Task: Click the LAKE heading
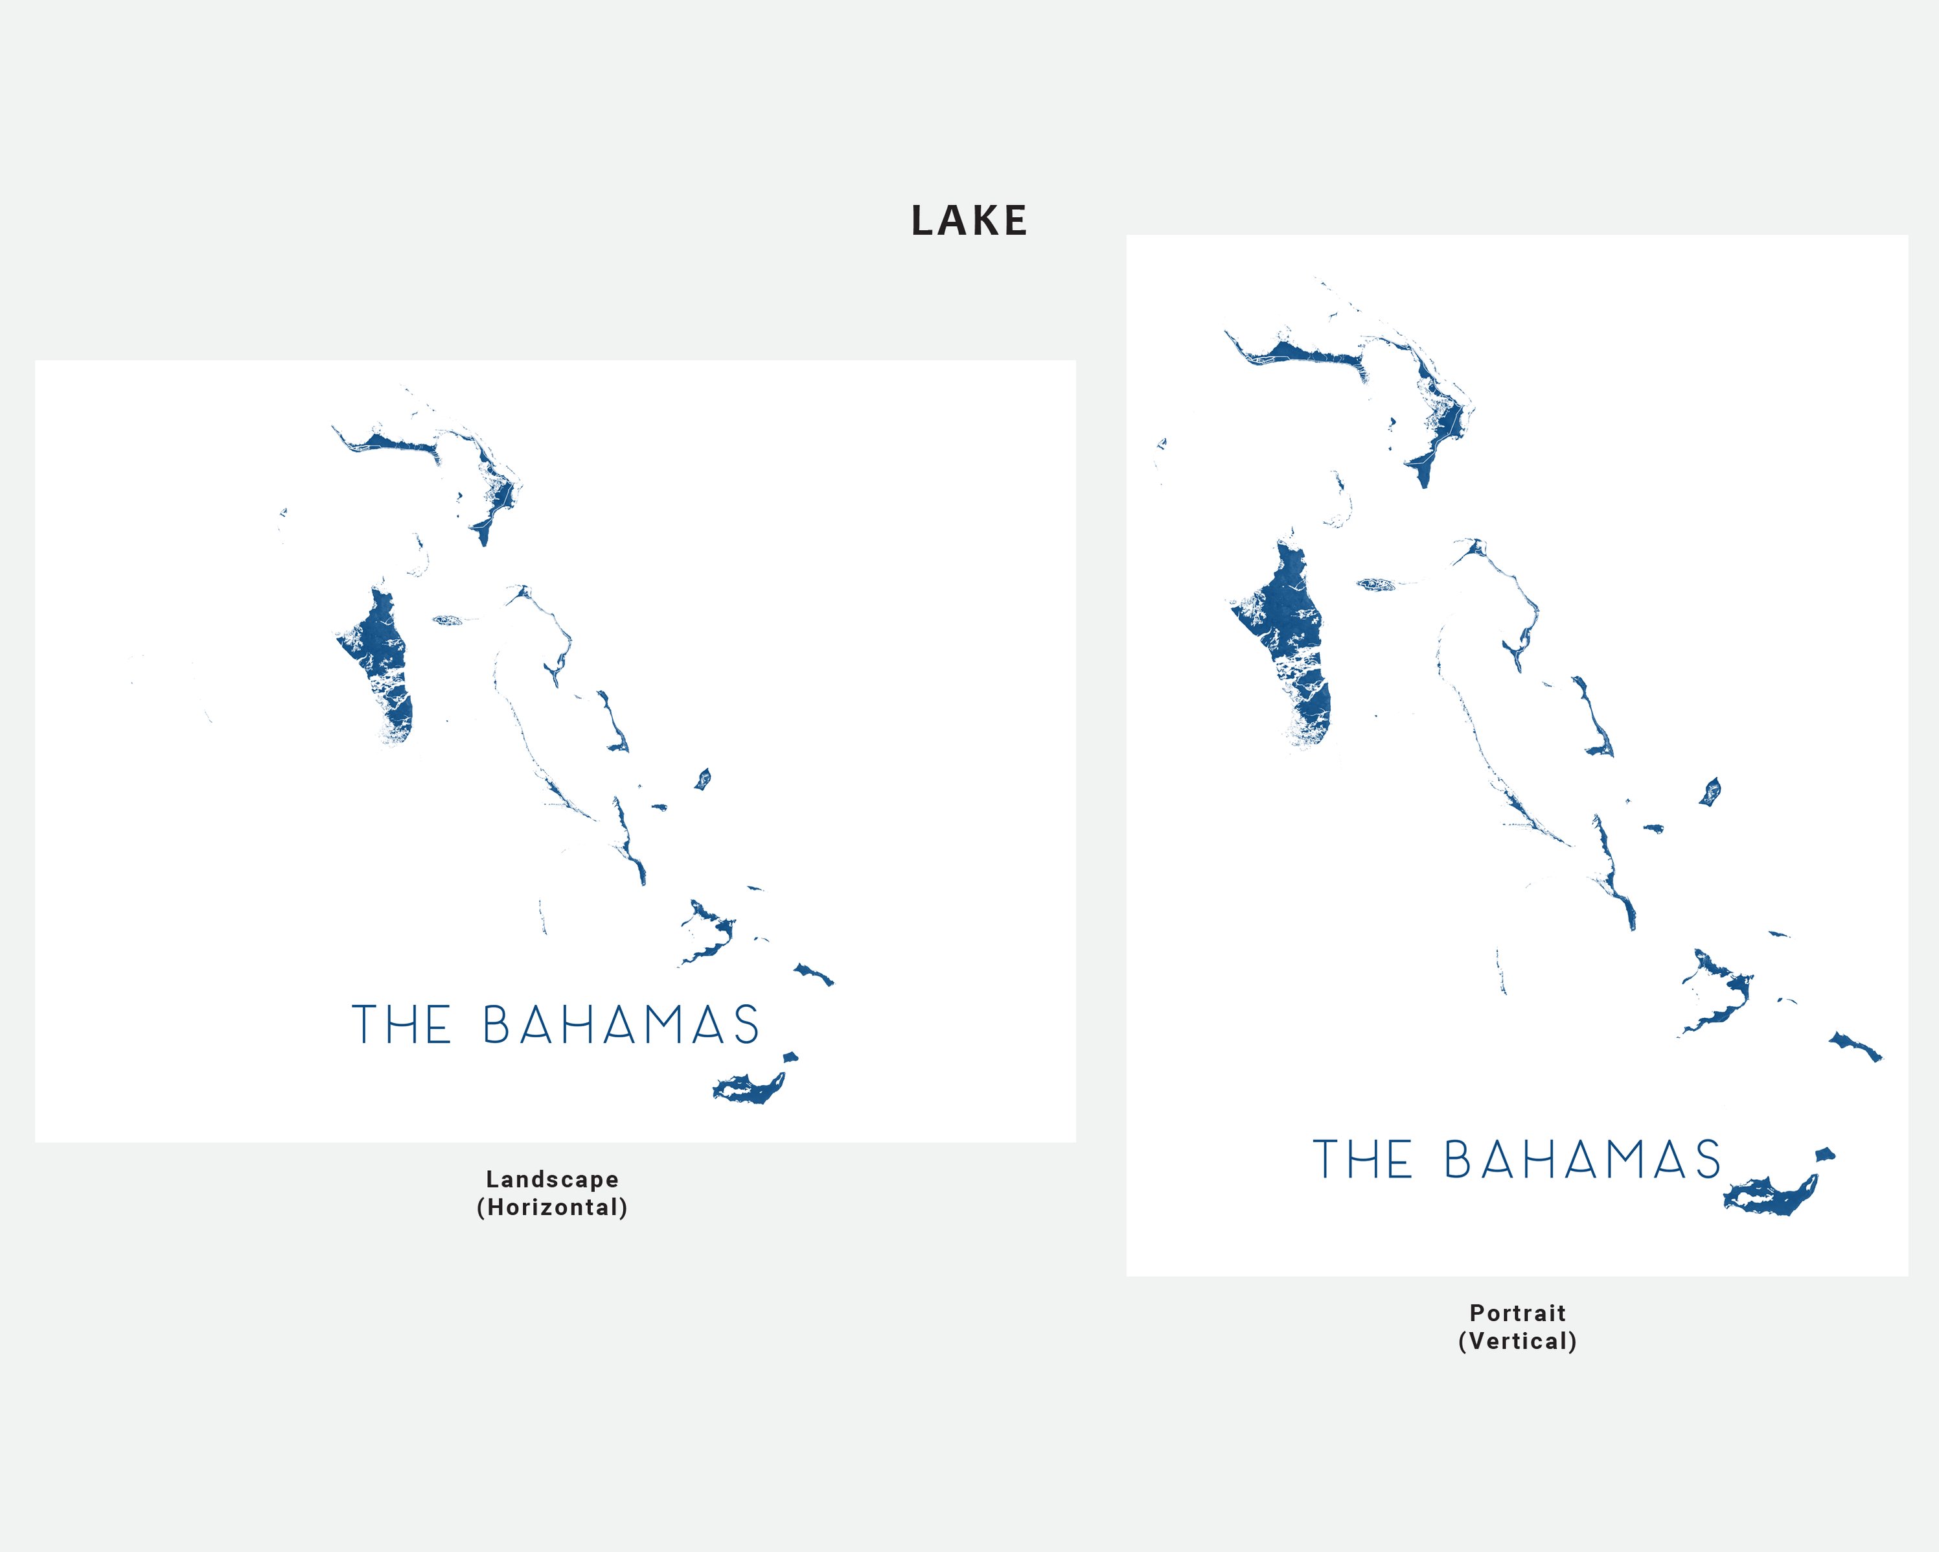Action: (x=969, y=220)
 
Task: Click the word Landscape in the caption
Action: (x=552, y=1179)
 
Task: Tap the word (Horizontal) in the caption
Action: (x=552, y=1206)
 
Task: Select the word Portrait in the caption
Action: (x=1517, y=1313)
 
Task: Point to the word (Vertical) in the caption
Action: (x=1517, y=1341)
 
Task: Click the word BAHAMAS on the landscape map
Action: (x=621, y=1025)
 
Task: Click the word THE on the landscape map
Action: (x=401, y=1025)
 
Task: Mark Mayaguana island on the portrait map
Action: (x=1855, y=1046)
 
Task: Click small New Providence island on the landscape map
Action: (x=447, y=620)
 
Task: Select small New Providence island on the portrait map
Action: (x=1375, y=585)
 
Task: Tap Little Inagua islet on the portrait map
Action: (x=1824, y=1155)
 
